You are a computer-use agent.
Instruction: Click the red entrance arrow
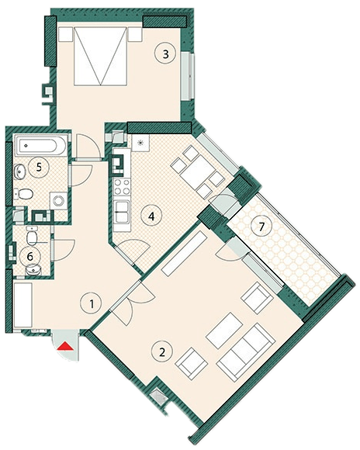64,346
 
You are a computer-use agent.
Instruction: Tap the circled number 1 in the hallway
92,304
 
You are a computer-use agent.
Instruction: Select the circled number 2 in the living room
162,351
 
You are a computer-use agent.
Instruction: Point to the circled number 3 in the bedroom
165,54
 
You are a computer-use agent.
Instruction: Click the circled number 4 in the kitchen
151,216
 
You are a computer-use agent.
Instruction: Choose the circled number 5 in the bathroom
39,168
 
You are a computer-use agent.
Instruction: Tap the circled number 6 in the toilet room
30,256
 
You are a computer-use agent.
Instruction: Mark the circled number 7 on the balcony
261,227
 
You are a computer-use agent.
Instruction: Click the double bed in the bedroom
100,56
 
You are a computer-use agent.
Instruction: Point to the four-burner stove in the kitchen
122,186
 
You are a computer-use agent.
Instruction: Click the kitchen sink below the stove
122,212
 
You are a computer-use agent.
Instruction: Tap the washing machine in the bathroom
59,201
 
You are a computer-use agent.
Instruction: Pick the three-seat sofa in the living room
246,351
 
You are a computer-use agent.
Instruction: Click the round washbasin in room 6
33,270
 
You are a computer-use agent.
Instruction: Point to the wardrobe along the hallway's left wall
22,305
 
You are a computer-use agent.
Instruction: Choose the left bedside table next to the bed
65,34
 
